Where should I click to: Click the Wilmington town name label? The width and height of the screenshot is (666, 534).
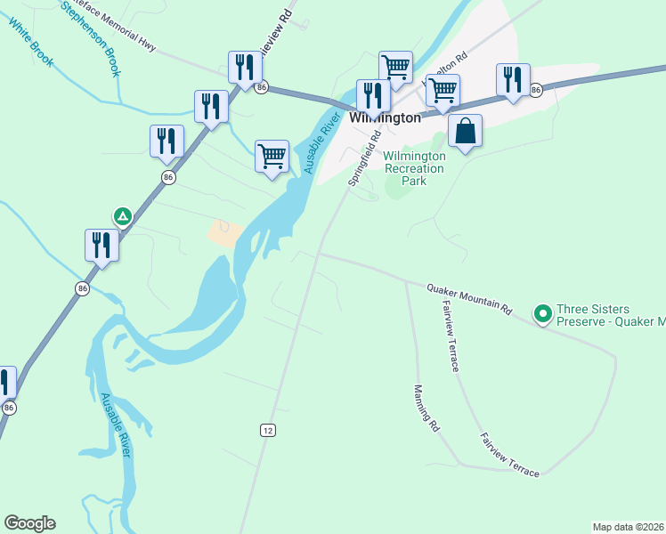[385, 117]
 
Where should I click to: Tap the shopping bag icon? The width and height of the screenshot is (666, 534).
[465, 133]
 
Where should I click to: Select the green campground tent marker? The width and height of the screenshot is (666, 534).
[123, 215]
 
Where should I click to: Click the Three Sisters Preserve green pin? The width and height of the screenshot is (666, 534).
[541, 312]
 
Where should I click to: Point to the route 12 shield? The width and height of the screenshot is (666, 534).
[268, 430]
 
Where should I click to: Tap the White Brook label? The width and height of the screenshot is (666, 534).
[31, 42]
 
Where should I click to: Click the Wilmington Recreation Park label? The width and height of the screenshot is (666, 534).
[414, 168]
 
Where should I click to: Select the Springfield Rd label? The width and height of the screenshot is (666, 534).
[363, 158]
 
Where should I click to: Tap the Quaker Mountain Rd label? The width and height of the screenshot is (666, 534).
[468, 299]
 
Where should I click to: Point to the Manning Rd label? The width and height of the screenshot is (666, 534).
[426, 409]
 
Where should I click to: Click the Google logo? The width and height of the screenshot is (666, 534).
[29, 523]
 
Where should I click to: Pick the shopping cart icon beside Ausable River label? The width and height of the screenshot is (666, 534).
[272, 157]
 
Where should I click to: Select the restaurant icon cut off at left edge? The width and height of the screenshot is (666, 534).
[4, 381]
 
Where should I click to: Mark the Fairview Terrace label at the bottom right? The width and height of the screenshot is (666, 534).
[510, 455]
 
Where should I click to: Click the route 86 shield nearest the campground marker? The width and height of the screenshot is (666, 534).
[169, 178]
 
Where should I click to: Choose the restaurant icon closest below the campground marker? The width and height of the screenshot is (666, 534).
[102, 245]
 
